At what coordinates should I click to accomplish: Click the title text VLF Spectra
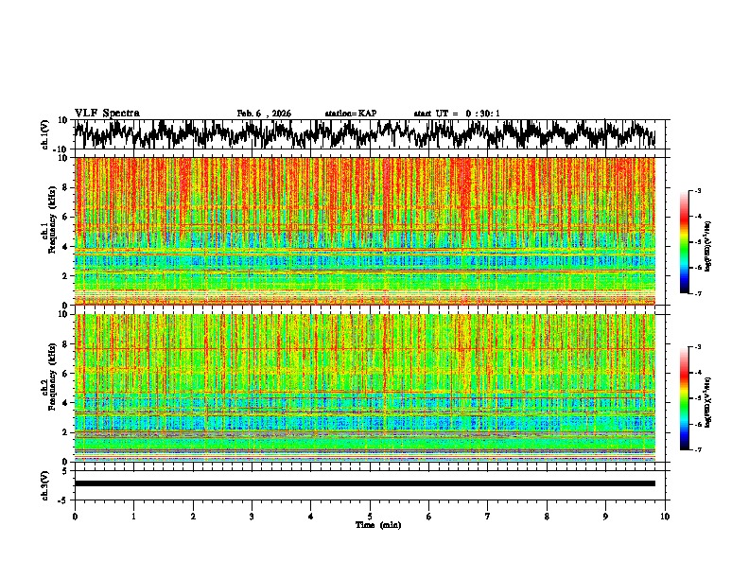pyautogui.click(x=107, y=113)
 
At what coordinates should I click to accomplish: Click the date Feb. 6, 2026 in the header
pyautogui.click(x=264, y=114)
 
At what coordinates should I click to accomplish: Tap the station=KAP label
pyautogui.click(x=351, y=114)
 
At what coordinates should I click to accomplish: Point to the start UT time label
pyautogui.click(x=457, y=114)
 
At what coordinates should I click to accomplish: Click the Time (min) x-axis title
pyautogui.click(x=377, y=524)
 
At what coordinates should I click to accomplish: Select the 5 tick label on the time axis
pyautogui.click(x=370, y=517)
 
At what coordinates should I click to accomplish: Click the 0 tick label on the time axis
pyautogui.click(x=75, y=517)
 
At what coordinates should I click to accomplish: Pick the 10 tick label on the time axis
pyautogui.click(x=666, y=517)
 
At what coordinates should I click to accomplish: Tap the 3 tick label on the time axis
pyautogui.click(x=252, y=517)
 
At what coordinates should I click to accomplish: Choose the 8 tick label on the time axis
pyautogui.click(x=547, y=517)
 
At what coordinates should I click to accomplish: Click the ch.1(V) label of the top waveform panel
pyautogui.click(x=45, y=134)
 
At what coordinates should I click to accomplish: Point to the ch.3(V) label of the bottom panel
pyautogui.click(x=45, y=483)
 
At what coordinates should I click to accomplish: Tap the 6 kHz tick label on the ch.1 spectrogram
pyautogui.click(x=66, y=217)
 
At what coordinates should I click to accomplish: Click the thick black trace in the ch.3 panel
pyautogui.click(x=364, y=483)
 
